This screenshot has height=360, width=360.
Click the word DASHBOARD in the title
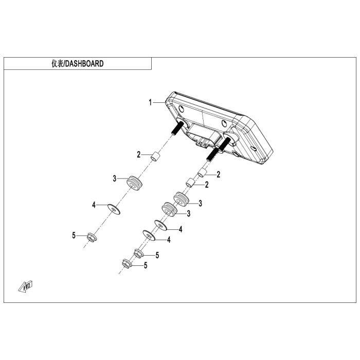[85, 64]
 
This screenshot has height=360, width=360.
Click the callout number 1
[151, 102]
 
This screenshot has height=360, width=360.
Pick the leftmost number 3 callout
[115, 178]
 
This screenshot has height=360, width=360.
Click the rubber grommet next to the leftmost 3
[135, 183]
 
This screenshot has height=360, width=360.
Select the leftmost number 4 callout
[94, 205]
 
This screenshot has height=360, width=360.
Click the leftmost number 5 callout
[74, 235]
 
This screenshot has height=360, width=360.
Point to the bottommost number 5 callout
[146, 266]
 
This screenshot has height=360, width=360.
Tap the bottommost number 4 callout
[168, 240]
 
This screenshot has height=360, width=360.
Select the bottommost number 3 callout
[189, 213]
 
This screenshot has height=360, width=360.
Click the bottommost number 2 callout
[207, 184]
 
